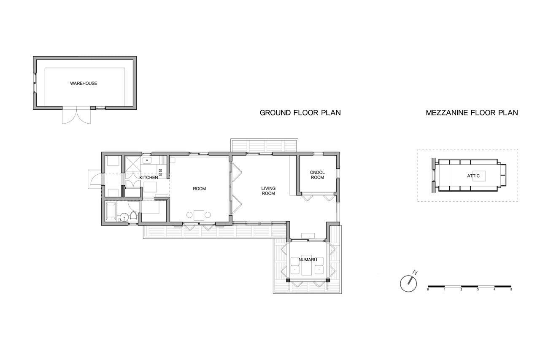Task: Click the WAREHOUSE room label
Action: click(x=84, y=84)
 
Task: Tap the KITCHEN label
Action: click(x=148, y=178)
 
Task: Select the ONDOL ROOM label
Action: click(x=317, y=175)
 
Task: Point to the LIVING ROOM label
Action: click(x=268, y=191)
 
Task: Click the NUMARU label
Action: click(x=308, y=260)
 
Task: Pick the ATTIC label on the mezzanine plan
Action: click(x=473, y=176)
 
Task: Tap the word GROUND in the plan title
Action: click(x=275, y=113)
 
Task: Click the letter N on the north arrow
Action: click(x=415, y=273)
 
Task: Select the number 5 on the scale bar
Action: click(x=511, y=290)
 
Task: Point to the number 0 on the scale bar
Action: click(x=428, y=290)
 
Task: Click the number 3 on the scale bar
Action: click(x=478, y=290)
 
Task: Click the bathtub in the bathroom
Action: click(x=111, y=211)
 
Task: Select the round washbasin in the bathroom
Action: click(x=124, y=217)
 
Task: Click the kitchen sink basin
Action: click(x=147, y=160)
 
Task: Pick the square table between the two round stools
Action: click(x=199, y=215)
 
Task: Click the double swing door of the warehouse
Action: click(x=76, y=116)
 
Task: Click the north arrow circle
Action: click(x=408, y=284)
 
